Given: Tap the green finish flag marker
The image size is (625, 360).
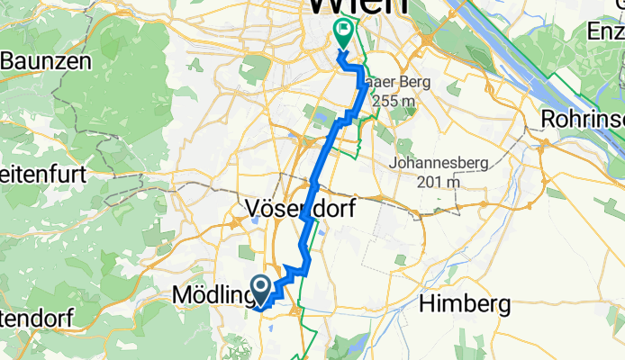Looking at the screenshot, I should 343,32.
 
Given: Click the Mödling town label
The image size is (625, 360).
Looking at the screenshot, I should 211,295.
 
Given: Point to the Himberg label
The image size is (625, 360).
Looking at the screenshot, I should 464,304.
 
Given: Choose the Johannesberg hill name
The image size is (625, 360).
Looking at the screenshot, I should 439,164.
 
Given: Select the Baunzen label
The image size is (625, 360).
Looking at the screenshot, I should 46,61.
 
